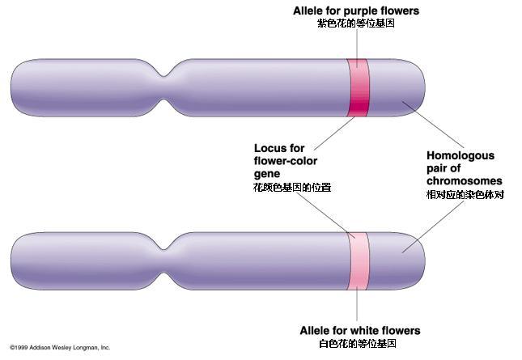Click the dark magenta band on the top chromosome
tap(359, 89)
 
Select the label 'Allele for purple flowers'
tap(357, 11)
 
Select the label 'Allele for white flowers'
tap(360, 331)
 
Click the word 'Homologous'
tap(460, 155)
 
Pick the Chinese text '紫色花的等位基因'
tap(357, 24)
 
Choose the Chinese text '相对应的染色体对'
tap(465, 195)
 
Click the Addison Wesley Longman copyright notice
tap(59, 347)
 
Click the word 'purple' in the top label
tap(357, 11)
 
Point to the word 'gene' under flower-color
tap(267, 174)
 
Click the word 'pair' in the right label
tap(439, 168)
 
